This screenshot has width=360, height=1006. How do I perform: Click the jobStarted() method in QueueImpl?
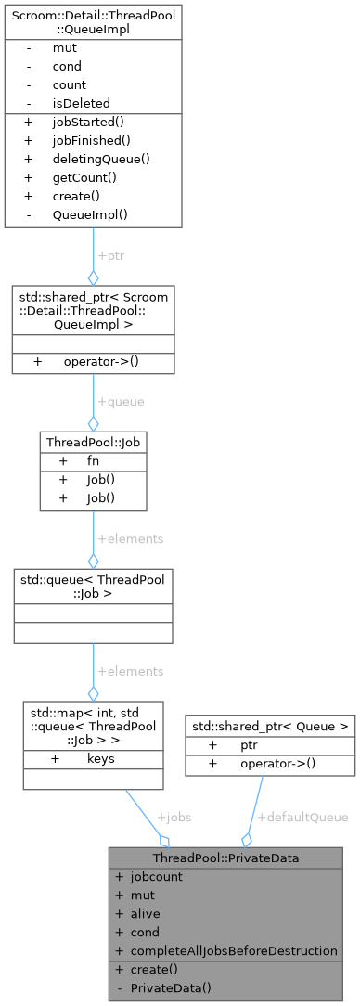[x=91, y=122]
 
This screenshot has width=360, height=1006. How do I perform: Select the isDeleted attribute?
[x=82, y=103]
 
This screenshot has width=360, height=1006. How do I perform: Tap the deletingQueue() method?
[x=101, y=159]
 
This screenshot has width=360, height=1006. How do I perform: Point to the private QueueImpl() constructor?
[x=90, y=213]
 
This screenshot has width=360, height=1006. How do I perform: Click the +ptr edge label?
[x=109, y=254]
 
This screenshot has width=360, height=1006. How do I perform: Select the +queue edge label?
[x=121, y=402]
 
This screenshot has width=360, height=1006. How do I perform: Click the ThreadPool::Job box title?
[x=93, y=442]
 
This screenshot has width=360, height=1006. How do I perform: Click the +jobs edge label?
[x=174, y=818]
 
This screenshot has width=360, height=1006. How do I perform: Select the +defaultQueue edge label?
[x=302, y=818]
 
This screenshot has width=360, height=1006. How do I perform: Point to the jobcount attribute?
[x=156, y=876]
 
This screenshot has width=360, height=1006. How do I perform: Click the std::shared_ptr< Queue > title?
[x=270, y=701]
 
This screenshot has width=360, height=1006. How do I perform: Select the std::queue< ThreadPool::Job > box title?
[x=93, y=587]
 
